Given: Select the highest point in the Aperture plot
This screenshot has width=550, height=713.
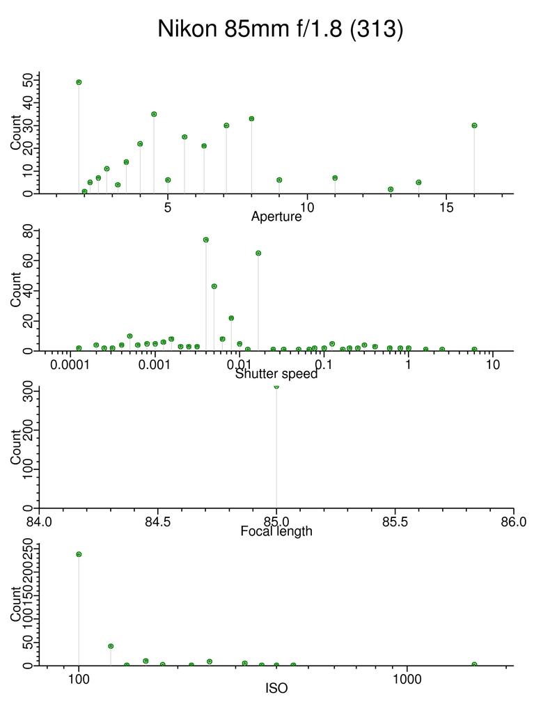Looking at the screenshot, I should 79,82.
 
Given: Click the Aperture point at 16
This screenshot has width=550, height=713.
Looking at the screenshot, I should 474,125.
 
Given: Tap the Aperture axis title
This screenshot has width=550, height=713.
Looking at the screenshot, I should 276,217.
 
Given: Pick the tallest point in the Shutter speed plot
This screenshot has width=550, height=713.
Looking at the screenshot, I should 206,240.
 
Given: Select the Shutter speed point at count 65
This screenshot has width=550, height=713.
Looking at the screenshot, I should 258,253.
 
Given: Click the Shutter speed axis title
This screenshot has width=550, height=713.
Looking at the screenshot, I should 276,374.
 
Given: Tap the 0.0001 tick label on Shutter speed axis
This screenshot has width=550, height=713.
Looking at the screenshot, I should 68,365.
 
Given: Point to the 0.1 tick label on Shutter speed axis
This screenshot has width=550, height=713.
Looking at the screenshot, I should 324,365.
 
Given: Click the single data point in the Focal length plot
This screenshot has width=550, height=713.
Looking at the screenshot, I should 276,386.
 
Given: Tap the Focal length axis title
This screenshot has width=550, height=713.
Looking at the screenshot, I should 276,531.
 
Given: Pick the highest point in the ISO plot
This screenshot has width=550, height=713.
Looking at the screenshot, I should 79,554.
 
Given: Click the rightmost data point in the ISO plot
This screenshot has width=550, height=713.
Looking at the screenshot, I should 474,664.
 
